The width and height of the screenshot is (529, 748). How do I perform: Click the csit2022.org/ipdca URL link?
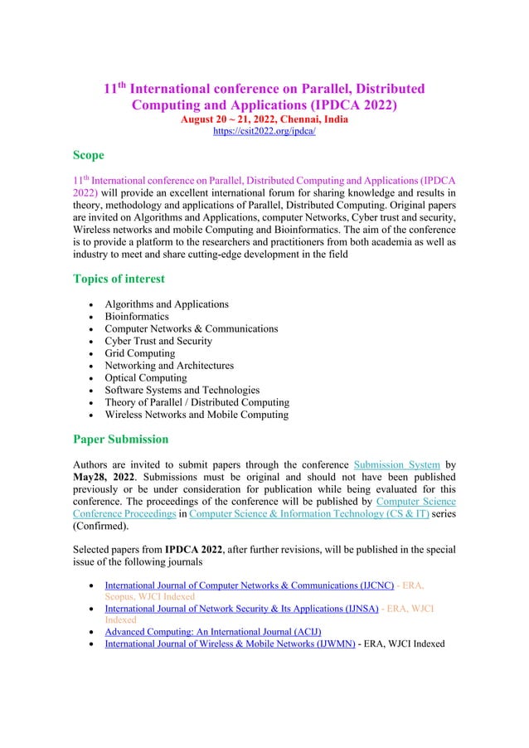pyautogui.click(x=264, y=131)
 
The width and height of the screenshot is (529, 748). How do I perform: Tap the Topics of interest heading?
pyautogui.click(x=119, y=279)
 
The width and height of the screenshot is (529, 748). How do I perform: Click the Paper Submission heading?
pyautogui.click(x=120, y=439)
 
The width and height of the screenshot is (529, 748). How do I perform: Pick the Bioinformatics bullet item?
pyautogui.click(x=137, y=317)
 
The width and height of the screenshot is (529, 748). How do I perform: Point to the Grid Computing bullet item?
pyautogui.click(x=140, y=353)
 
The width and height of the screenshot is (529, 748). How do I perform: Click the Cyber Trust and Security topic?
pyautogui.click(x=158, y=341)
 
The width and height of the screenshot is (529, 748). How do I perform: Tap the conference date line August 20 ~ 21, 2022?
pyautogui.click(x=264, y=119)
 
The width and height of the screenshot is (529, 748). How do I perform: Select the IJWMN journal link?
pyautogui.click(x=230, y=644)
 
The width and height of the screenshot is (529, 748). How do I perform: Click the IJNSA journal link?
pyautogui.click(x=241, y=609)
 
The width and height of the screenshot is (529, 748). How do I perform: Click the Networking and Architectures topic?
pyautogui.click(x=169, y=366)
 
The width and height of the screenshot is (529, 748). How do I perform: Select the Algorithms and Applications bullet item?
pyautogui.click(x=167, y=304)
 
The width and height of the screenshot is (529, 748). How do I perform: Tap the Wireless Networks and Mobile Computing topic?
pyautogui.click(x=197, y=415)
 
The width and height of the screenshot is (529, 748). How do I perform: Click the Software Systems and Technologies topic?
pyautogui.click(x=182, y=390)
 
